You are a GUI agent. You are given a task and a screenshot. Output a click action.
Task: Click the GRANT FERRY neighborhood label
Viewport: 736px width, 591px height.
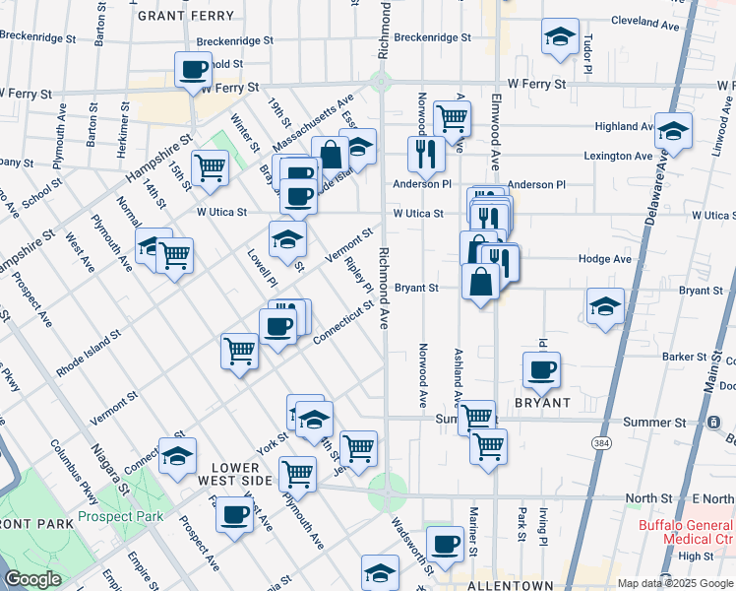186,16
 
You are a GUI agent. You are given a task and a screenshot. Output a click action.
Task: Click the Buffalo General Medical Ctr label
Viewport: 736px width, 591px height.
686,532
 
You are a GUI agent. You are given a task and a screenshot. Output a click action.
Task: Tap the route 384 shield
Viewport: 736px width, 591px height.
600,444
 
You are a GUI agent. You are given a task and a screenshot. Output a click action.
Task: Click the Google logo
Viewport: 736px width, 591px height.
32,579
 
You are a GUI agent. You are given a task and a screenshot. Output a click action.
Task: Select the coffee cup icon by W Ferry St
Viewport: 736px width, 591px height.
193,69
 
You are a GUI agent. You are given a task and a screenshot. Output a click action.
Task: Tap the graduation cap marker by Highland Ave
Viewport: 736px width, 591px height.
674,131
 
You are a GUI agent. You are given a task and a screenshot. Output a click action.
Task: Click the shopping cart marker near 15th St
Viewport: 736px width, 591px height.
211,168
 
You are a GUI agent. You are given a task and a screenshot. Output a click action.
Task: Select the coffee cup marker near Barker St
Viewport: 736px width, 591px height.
540,370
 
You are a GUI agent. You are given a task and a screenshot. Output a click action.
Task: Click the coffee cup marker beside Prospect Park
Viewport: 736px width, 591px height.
234,514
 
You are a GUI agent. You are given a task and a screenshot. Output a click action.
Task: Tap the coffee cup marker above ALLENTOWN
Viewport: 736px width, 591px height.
446,544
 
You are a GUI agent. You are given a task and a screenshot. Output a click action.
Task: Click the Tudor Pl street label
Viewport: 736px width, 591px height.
586,55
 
